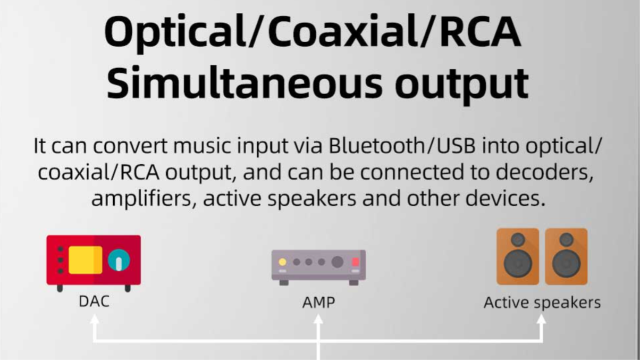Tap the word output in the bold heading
click(462, 85)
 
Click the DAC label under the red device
click(94, 302)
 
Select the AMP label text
click(318, 302)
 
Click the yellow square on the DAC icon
click(86, 260)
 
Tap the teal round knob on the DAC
click(119, 260)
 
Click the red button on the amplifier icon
click(356, 262)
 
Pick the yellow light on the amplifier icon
click(282, 262)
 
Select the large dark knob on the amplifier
click(337, 262)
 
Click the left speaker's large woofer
click(518, 263)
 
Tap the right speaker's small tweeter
click(566, 239)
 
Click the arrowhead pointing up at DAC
click(94, 319)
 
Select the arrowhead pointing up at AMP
click(318, 319)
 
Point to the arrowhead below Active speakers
click(541, 319)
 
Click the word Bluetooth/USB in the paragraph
click(402, 146)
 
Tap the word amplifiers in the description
click(141, 199)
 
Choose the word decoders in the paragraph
click(543, 172)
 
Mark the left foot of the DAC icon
click(60, 288)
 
